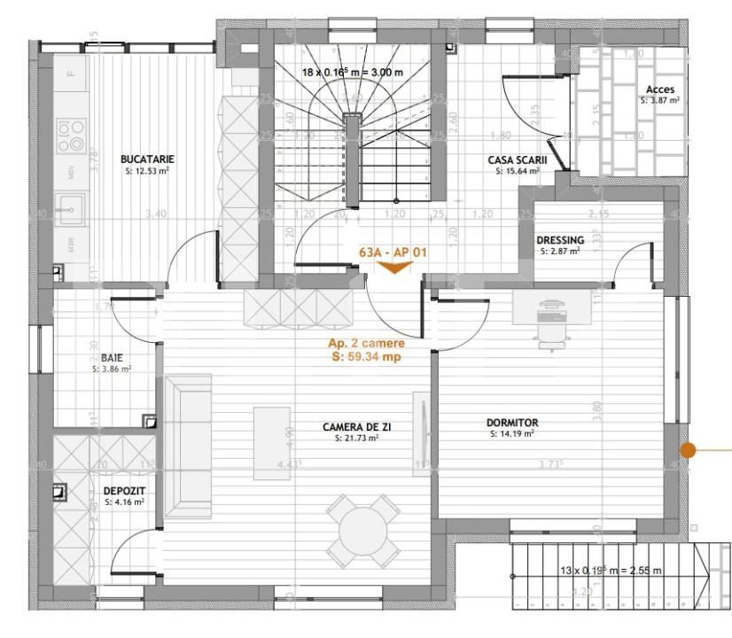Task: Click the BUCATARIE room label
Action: (147, 159)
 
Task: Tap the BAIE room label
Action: (111, 358)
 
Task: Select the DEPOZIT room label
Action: (124, 490)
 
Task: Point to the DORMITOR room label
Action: (512, 424)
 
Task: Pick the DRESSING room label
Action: (559, 240)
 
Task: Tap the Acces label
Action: (659, 89)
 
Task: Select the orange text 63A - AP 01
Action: (393, 253)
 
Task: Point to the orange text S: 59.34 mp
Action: (367, 357)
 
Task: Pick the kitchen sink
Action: (69, 212)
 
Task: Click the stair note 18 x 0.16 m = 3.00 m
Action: (353, 73)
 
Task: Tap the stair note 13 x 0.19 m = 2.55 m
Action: (611, 571)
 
